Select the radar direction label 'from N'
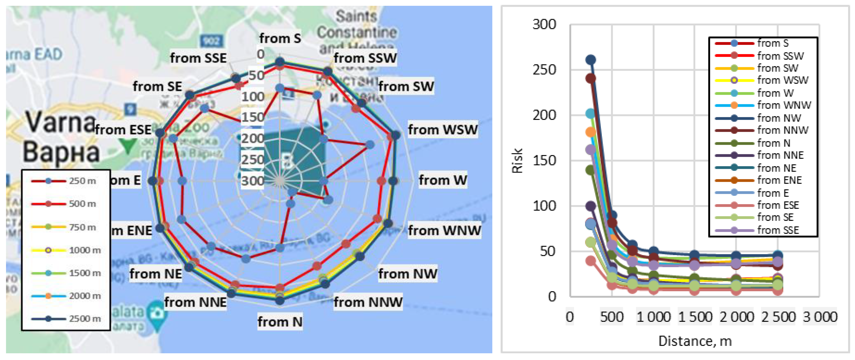[280, 322]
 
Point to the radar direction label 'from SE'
[157, 86]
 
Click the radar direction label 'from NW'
[407, 274]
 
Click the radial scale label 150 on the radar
[253, 117]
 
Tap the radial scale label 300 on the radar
[253, 181]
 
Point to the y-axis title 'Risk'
[517, 161]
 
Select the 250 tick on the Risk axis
[544, 70]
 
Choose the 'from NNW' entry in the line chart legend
[782, 130]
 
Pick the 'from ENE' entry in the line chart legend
[779, 180]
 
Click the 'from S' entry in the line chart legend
[772, 43]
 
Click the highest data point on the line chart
[590, 60]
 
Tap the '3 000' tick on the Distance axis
[820, 316]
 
